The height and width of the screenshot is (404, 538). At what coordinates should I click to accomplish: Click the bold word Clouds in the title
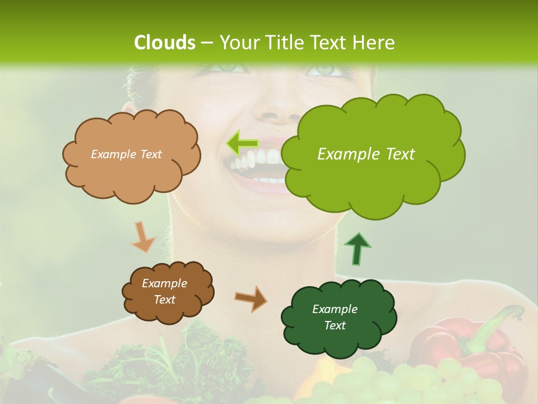tap(165, 43)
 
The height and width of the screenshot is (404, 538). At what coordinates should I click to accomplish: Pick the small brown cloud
tap(167, 292)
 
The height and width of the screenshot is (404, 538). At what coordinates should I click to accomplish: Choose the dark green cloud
tap(338, 318)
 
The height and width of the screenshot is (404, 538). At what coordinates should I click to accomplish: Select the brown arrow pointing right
tap(251, 299)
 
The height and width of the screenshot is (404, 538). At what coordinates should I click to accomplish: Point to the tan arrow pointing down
tap(142, 237)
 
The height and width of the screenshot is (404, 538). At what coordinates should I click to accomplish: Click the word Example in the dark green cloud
tap(335, 309)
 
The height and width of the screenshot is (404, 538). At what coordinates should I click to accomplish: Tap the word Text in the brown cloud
tap(165, 300)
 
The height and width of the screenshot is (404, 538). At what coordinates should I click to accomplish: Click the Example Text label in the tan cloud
tap(126, 154)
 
